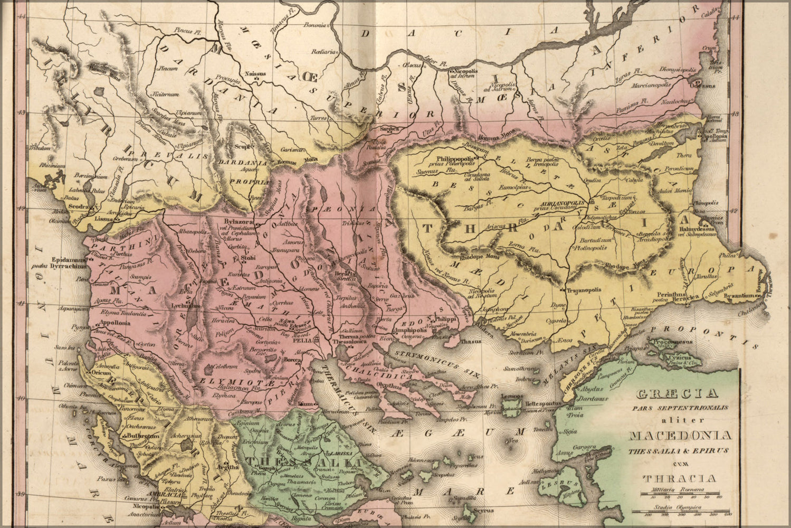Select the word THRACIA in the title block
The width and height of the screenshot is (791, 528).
(679, 479)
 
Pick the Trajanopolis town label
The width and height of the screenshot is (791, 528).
(584, 290)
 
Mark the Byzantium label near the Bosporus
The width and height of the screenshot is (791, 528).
(744, 297)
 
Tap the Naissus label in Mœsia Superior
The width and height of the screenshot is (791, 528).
(256, 74)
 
